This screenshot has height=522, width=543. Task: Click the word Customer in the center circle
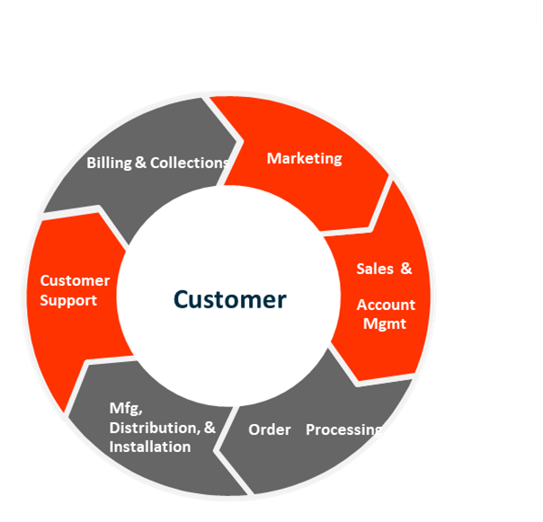click(230, 299)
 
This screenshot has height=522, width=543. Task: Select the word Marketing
click(305, 158)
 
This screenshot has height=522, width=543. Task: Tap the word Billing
click(109, 163)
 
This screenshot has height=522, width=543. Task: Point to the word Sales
click(373, 269)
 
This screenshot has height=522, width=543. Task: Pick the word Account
click(386, 305)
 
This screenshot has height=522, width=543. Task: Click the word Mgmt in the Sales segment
click(385, 323)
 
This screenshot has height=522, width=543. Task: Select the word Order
click(270, 429)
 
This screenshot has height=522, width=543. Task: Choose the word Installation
click(149, 447)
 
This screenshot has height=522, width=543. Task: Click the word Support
click(68, 300)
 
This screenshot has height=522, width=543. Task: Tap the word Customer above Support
click(75, 280)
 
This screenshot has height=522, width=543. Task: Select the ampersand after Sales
click(405, 269)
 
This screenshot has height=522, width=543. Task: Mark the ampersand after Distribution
click(210, 428)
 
